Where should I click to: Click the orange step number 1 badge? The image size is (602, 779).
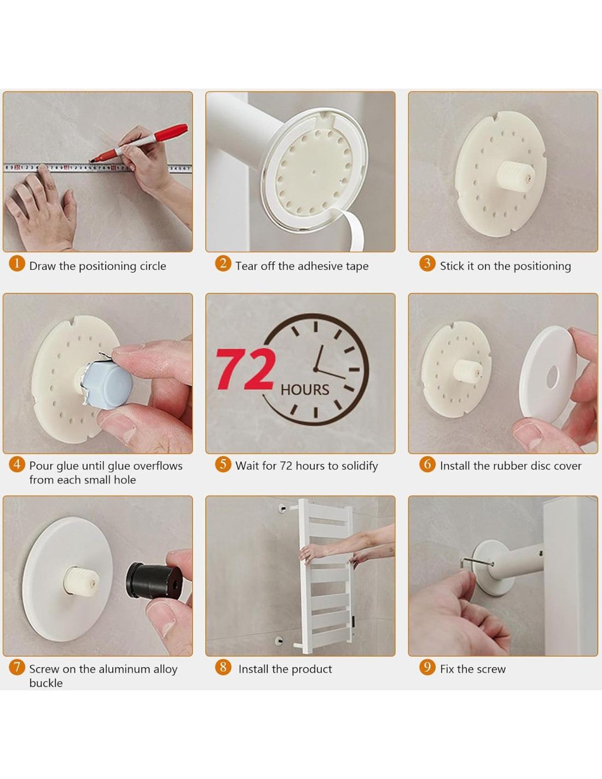tap(16, 264)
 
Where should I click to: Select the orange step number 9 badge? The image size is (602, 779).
tap(427, 667)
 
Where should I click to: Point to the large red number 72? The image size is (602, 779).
tap(246, 370)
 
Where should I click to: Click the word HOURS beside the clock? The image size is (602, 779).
tap(305, 390)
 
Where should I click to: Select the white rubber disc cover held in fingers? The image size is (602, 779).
tap(548, 374)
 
